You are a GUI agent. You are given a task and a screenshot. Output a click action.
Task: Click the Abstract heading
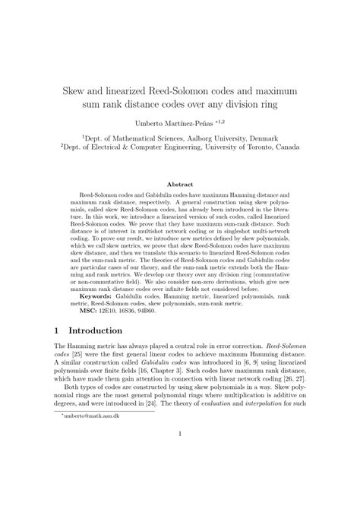[179, 184]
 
